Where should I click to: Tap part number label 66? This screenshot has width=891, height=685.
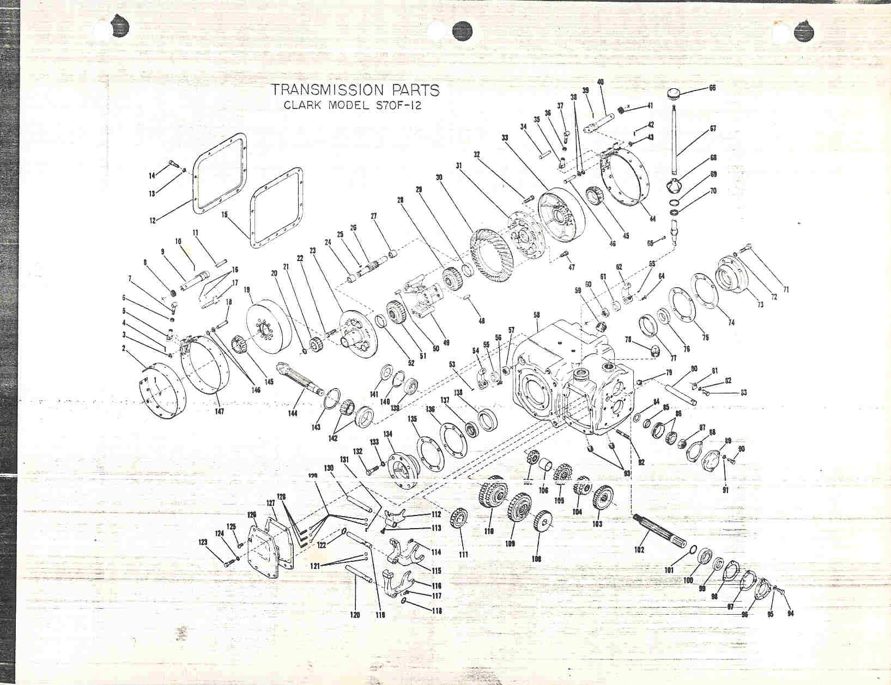pyautogui.click(x=712, y=88)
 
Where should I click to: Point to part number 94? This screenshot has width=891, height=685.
pyautogui.click(x=791, y=615)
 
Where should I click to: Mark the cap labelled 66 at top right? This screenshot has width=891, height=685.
pyautogui.click(x=676, y=93)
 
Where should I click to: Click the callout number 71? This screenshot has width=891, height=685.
pyautogui.click(x=785, y=289)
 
